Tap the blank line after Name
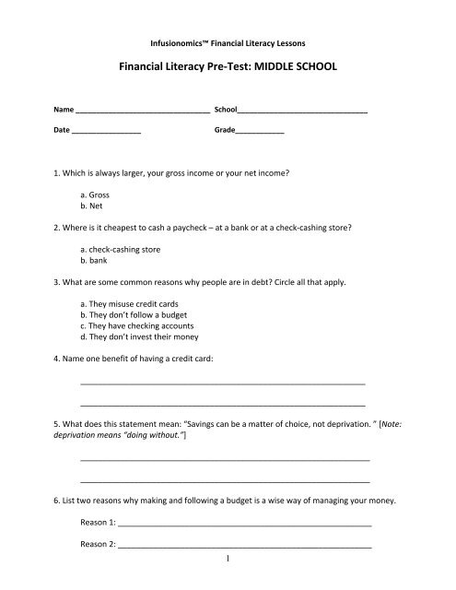(142, 111)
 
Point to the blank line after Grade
(260, 134)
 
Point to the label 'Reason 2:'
(98, 544)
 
